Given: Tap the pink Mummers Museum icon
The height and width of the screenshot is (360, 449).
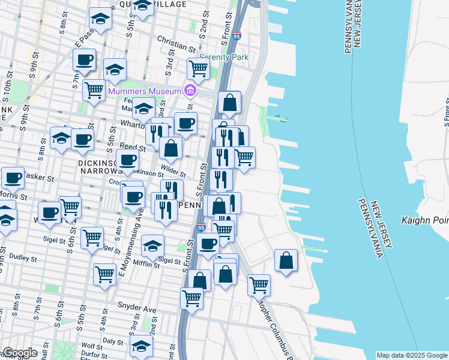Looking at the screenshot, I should click(x=190, y=91).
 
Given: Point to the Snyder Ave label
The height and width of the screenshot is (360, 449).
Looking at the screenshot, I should click(x=136, y=309).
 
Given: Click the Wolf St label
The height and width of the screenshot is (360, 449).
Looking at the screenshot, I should click(x=92, y=346).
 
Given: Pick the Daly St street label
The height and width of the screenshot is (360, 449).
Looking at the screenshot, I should click(x=112, y=340).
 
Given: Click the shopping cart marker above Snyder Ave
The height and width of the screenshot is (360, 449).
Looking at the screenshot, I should click(x=192, y=296).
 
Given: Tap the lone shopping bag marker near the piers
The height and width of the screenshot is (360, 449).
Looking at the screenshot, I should click(x=286, y=260).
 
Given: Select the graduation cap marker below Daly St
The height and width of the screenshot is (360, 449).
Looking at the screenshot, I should click(x=141, y=345).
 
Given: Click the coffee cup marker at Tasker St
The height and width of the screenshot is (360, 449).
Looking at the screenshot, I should click(x=13, y=177).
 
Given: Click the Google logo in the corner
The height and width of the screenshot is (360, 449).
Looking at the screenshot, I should click(x=19, y=353).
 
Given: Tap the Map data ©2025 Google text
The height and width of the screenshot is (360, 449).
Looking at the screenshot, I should click(x=412, y=355).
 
